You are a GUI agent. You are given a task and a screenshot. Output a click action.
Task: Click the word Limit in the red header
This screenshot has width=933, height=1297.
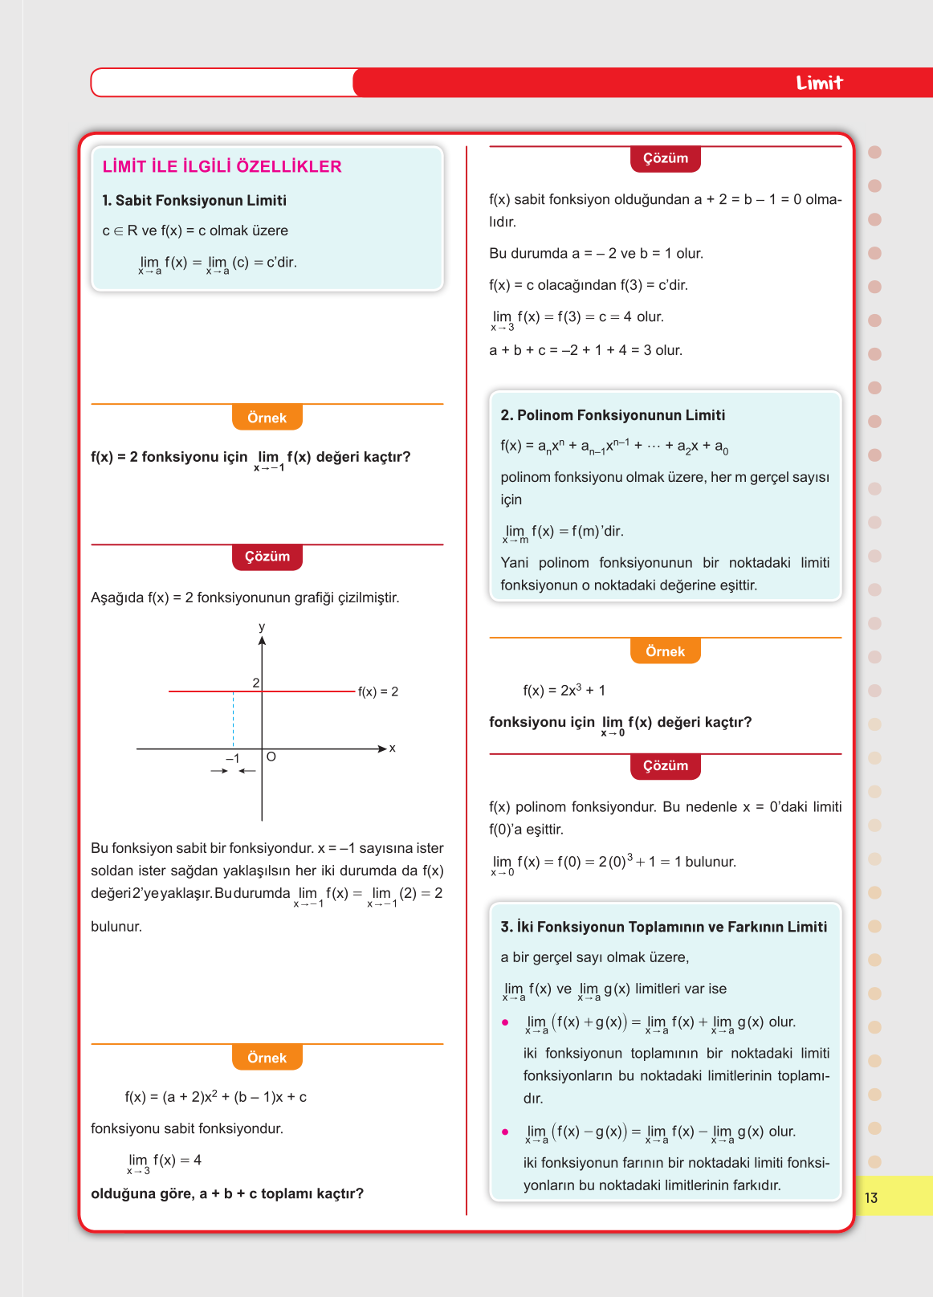(819, 83)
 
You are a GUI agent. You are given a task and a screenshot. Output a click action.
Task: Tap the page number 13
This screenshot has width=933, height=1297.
(871, 1197)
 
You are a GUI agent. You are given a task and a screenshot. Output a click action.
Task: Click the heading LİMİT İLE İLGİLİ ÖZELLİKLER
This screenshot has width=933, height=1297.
(222, 166)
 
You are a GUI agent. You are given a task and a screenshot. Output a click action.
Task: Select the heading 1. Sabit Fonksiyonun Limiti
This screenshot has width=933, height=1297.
(194, 200)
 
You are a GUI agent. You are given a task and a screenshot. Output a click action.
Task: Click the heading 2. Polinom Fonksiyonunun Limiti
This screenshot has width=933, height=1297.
(613, 415)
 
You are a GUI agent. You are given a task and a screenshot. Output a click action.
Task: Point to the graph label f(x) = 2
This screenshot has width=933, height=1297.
(378, 691)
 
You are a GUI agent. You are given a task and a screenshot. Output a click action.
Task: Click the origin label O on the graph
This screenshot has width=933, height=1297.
(271, 757)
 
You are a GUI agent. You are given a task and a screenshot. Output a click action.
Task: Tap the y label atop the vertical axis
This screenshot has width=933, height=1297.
(262, 626)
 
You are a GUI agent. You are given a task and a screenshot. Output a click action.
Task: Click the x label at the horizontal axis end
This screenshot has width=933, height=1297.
(393, 748)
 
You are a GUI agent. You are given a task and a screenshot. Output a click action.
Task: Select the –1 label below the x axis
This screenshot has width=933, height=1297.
(233, 758)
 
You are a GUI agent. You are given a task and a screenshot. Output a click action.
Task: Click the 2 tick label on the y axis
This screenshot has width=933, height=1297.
(256, 683)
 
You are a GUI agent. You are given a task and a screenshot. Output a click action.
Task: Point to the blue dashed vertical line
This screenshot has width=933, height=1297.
(234, 719)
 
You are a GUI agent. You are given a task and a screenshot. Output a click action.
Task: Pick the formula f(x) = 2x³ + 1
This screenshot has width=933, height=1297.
(564, 690)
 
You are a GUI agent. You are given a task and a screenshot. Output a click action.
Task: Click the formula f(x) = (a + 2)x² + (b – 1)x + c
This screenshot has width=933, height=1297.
(216, 1096)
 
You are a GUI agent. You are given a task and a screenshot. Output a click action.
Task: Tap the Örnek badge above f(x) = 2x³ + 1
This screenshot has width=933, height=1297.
(665, 651)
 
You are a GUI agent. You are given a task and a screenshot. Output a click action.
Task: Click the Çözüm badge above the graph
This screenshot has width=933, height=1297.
(267, 557)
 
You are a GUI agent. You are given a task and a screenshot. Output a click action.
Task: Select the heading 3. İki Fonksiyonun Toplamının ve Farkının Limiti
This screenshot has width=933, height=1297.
(663, 927)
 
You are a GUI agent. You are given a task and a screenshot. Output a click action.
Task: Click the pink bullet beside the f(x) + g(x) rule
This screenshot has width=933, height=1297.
(505, 1022)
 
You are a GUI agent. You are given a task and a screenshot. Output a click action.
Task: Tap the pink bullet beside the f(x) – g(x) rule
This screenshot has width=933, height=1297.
(505, 1132)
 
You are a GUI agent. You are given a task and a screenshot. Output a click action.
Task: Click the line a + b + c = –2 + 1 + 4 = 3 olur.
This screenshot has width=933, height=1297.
(585, 350)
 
